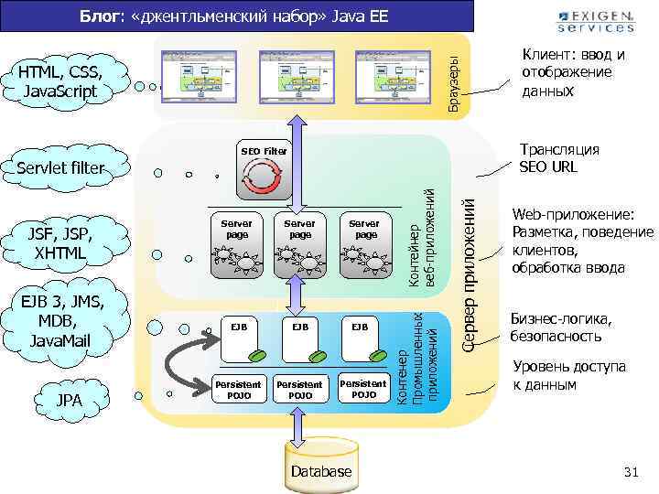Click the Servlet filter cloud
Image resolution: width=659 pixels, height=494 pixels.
pyautogui.click(x=61, y=168)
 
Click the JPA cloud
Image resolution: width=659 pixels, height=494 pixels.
pyautogui.click(x=69, y=401)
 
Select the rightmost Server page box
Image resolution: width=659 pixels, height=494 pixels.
pyautogui.click(x=364, y=246)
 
